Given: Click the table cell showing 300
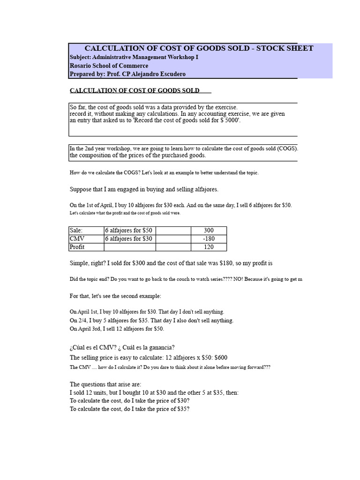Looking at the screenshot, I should point(209,231).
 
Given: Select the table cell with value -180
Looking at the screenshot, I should point(209,239).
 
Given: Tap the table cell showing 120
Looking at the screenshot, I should point(209,247).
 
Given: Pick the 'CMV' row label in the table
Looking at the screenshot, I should point(76,239).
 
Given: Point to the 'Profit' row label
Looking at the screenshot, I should point(77,247).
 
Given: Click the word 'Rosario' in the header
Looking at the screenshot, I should point(81,66).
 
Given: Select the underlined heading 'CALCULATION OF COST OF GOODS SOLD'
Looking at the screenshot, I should point(135,90).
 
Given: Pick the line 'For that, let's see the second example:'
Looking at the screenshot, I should point(116,296).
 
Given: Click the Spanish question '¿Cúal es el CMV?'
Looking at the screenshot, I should point(93,347).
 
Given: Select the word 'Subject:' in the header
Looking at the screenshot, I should point(81,57).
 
